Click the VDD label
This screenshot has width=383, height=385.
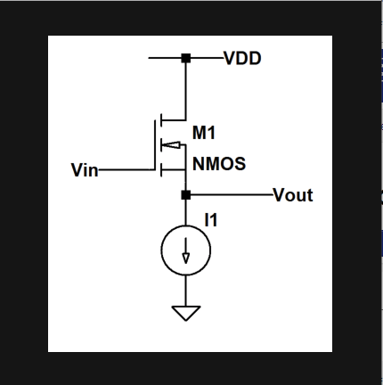point(242,59)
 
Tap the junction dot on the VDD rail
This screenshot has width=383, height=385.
point(185,59)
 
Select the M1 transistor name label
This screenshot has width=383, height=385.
point(204,133)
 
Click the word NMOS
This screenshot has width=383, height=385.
point(219,165)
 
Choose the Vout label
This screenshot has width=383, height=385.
point(293,194)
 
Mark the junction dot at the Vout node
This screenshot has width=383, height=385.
point(185,194)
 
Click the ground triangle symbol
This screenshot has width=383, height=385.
point(185,313)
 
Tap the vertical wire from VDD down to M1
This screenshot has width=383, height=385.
point(185,89)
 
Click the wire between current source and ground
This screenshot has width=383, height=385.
point(185,289)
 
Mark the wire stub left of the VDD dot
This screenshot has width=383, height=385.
point(165,59)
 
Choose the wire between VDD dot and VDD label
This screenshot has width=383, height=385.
point(205,59)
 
